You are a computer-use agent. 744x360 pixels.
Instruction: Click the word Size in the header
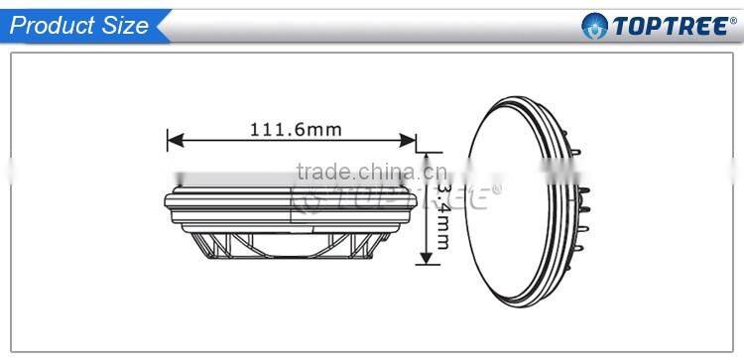click(125, 26)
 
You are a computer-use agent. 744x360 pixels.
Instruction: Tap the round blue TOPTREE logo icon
click(593, 26)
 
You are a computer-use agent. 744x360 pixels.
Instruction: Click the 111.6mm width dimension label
click(289, 129)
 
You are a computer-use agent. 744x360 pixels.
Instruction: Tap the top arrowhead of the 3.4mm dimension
click(427, 156)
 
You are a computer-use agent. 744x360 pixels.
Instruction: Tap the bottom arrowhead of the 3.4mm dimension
click(427, 261)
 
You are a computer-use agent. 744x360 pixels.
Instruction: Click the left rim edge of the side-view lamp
click(166, 203)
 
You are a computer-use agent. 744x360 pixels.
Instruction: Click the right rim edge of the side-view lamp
click(414, 203)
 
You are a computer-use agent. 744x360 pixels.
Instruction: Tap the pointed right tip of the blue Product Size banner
click(170, 26)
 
